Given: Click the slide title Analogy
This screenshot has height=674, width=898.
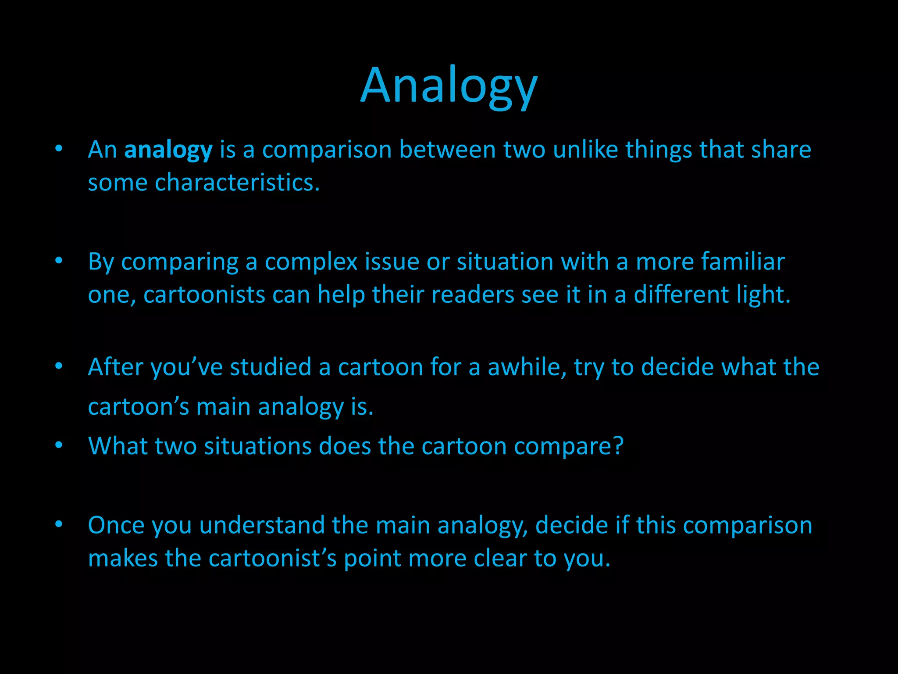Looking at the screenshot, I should pyautogui.click(x=449, y=86).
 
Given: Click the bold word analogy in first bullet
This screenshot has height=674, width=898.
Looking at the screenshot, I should pyautogui.click(x=168, y=150).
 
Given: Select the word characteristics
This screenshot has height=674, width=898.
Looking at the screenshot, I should pyautogui.click(x=237, y=183).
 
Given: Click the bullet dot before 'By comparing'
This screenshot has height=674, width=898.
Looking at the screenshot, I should pyautogui.click(x=59, y=261).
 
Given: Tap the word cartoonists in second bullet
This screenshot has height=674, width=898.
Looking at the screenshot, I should pyautogui.click(x=204, y=294).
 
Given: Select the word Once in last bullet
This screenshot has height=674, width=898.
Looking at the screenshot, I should pyautogui.click(x=116, y=525).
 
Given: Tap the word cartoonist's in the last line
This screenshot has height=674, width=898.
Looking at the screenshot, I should pyautogui.click(x=272, y=559).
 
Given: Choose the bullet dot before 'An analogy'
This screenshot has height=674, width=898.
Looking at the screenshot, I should pyautogui.click(x=59, y=149).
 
